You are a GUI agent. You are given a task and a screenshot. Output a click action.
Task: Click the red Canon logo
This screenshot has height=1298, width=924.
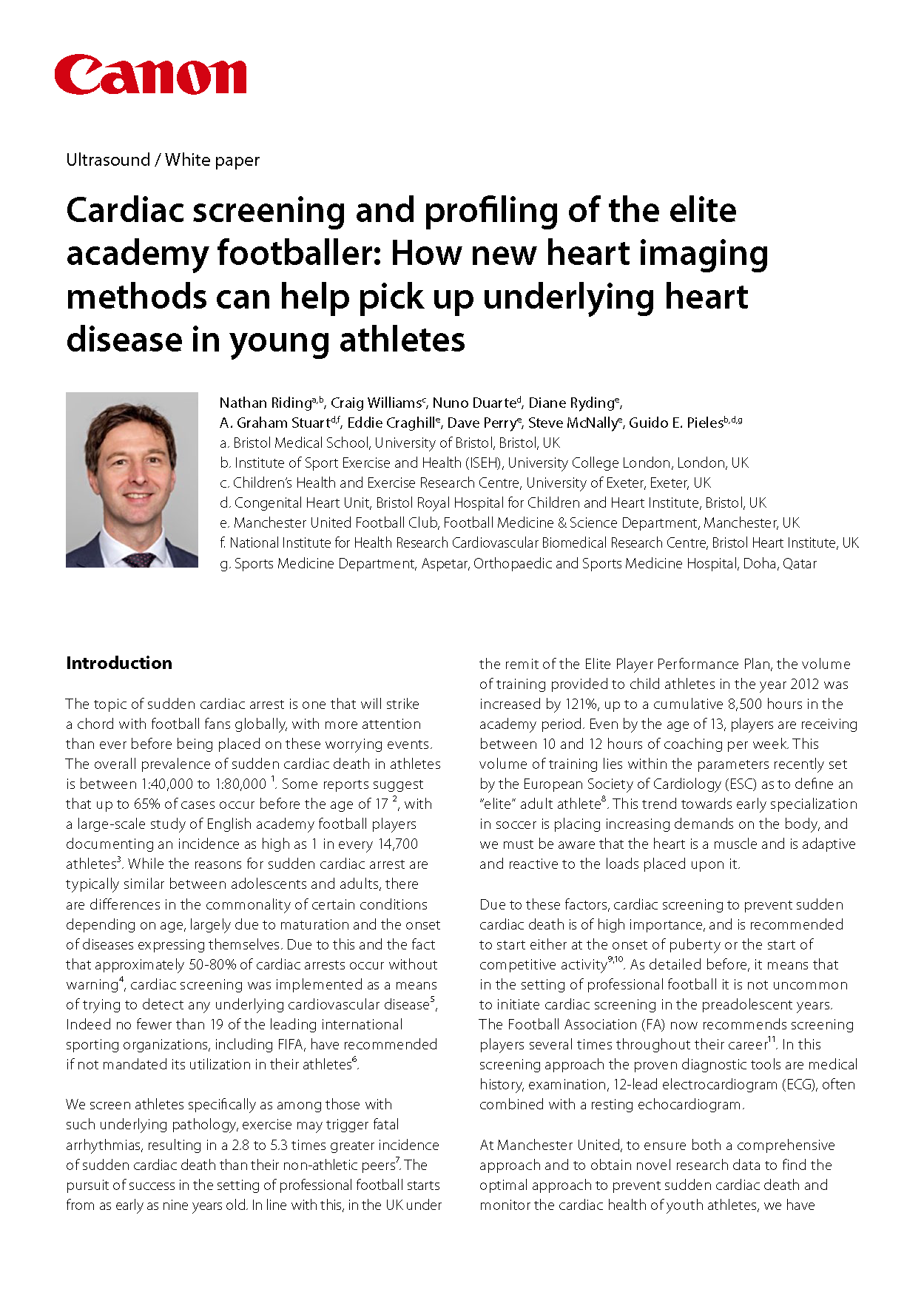150,74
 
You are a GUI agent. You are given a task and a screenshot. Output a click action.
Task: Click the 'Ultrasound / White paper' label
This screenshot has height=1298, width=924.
163,160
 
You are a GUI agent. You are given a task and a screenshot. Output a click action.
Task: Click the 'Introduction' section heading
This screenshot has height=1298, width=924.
119,663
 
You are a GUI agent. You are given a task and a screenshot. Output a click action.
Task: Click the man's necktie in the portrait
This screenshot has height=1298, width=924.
138,559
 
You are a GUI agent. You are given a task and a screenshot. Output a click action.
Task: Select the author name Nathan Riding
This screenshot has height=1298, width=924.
266,403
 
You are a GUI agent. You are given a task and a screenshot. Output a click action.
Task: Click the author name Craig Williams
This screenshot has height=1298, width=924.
376,403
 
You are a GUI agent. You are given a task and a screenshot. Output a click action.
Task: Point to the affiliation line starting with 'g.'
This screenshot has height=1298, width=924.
518,563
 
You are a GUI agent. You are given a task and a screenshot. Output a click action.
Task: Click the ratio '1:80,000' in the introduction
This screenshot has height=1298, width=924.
240,784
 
